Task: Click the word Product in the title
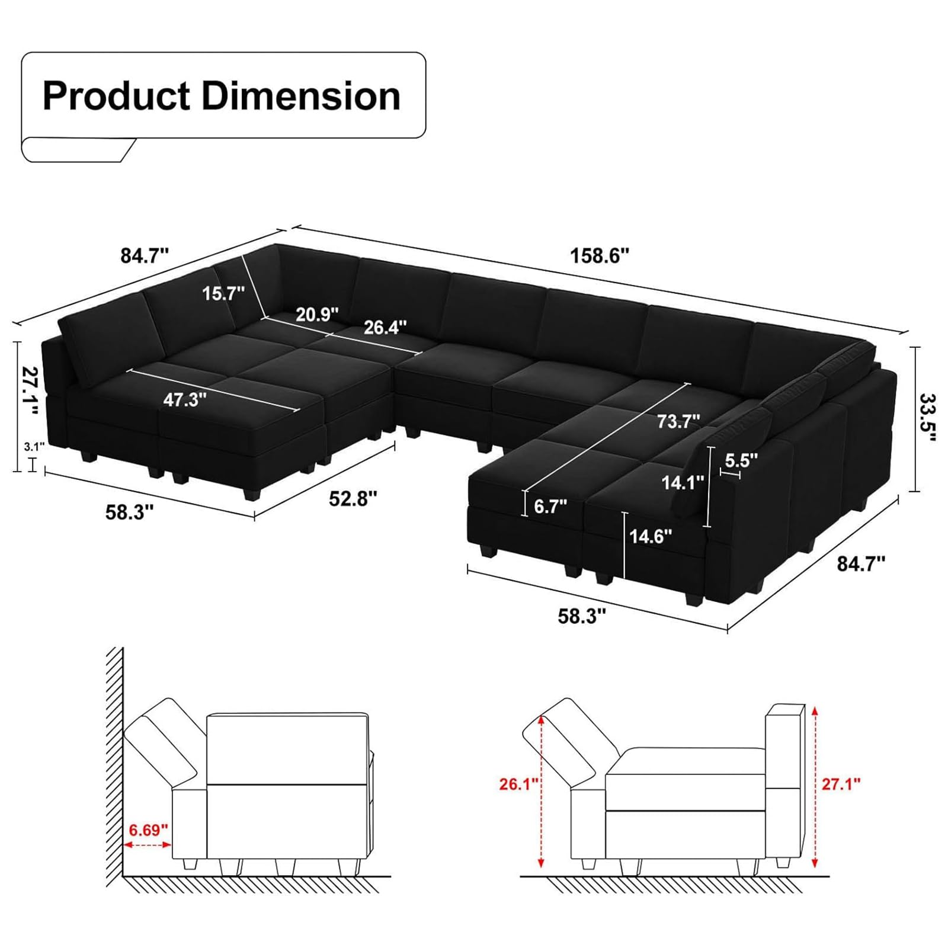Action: coord(116,96)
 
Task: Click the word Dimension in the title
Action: coord(301,96)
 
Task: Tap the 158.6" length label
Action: coord(599,255)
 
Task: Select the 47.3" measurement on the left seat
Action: coord(185,399)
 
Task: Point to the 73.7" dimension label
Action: coord(678,421)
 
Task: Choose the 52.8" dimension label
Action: coord(353,498)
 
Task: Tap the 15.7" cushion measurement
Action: coord(223,293)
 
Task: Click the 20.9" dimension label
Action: coord(317,314)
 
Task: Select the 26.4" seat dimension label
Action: coord(385,326)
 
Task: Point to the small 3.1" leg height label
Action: coord(34,447)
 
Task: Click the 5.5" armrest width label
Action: coord(741,460)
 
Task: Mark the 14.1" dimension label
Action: coord(683,482)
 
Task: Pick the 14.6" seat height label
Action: coord(651,536)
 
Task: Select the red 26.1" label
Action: coord(518,784)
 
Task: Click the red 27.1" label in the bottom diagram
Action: coord(840,784)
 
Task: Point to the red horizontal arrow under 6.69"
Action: coord(148,845)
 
